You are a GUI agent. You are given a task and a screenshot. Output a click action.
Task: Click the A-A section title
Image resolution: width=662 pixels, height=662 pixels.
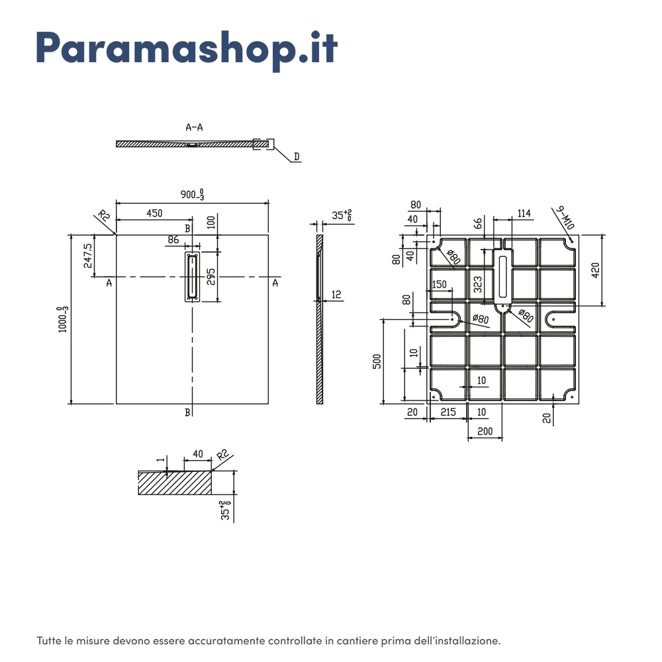point(194,127)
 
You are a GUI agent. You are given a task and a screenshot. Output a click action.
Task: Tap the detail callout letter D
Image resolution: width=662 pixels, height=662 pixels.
point(297,157)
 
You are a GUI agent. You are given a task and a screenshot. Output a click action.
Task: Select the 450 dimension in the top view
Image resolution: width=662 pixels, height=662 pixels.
point(154,213)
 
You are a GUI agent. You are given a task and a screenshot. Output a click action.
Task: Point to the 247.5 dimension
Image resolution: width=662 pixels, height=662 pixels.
point(88,256)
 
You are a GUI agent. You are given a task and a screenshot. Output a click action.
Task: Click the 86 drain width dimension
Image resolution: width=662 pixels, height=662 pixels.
point(173,240)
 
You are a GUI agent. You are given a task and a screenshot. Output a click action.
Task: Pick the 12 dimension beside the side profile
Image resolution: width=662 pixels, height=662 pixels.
point(336,295)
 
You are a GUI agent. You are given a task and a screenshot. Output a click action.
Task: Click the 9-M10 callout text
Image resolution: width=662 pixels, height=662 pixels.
point(565,218)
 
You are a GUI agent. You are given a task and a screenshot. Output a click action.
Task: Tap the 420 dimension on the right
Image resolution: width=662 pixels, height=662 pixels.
point(595,270)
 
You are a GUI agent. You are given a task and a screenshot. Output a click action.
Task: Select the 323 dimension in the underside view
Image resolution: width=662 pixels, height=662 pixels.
point(477,285)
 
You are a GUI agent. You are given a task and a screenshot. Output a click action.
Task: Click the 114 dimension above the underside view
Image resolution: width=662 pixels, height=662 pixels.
point(524,213)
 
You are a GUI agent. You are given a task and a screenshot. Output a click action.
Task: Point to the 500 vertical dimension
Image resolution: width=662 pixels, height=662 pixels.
point(377,361)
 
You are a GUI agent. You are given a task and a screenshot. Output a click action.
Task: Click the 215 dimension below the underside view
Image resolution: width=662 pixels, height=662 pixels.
point(448,412)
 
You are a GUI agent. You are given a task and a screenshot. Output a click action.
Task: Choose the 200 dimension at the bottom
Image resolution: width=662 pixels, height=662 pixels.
point(485,431)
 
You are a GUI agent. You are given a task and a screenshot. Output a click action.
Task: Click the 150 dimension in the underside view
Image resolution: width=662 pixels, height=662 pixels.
point(439,285)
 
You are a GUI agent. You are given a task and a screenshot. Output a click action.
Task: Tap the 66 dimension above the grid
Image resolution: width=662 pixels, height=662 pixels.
point(477,223)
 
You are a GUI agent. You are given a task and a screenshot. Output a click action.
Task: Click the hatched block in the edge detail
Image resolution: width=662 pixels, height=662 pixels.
point(175,483)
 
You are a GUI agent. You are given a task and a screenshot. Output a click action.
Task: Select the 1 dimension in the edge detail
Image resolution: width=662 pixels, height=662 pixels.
point(160,460)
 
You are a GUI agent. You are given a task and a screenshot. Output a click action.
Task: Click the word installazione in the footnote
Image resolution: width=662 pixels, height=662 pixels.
point(467,641)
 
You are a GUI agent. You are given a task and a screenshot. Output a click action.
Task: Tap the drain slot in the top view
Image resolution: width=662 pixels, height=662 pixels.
point(192,277)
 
